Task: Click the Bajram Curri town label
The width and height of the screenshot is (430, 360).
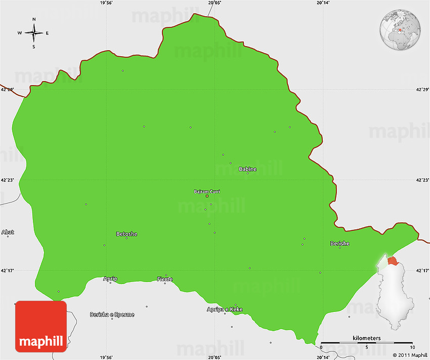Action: pos(207,191)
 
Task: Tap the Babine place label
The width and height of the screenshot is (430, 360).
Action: pos(247,169)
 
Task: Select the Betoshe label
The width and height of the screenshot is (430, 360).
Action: pos(126,234)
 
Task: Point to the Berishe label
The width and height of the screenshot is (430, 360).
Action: pos(339,244)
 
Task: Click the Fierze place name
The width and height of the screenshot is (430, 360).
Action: pos(164,279)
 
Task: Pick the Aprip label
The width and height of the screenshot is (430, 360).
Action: pos(110,279)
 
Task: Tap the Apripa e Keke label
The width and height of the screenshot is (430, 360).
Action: pos(225,309)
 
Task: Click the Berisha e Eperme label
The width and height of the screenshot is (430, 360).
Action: pos(112,314)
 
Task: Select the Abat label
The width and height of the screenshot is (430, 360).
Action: pos(8,232)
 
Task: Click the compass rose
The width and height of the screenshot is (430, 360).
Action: pos(34,33)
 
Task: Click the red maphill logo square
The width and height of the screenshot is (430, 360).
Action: pos(40,327)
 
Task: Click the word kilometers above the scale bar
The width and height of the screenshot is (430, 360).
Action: pos(367,338)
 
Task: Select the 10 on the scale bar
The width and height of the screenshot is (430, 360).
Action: pos(413,347)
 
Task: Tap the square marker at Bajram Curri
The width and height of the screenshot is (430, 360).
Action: pos(207,196)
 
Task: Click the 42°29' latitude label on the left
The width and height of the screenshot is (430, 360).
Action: pos(7,90)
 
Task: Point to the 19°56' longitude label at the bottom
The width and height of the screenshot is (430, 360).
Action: pos(106,356)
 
